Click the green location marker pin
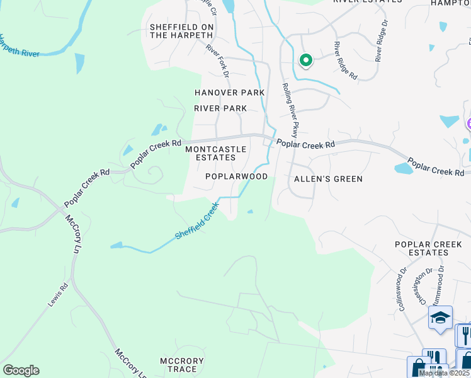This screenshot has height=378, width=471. pyautogui.click(x=305, y=60)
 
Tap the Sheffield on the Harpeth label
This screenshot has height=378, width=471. pyautogui.click(x=181, y=31)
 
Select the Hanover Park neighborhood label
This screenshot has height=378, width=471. pyautogui.click(x=229, y=93)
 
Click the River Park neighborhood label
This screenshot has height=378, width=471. pyautogui.click(x=220, y=108)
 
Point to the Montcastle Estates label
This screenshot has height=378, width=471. pyautogui.click(x=210, y=153)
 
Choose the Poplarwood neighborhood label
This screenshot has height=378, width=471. pyautogui.click(x=237, y=177)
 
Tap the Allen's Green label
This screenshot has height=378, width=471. pyautogui.click(x=329, y=179)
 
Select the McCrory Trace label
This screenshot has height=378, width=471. pyautogui.click(x=181, y=365)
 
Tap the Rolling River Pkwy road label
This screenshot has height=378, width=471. pyautogui.click(x=290, y=110)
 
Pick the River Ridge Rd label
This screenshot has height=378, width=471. pyautogui.click(x=346, y=60)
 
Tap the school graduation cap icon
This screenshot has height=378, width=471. pyautogui.click(x=440, y=318)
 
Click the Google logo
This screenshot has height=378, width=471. pyautogui.click(x=21, y=370)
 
